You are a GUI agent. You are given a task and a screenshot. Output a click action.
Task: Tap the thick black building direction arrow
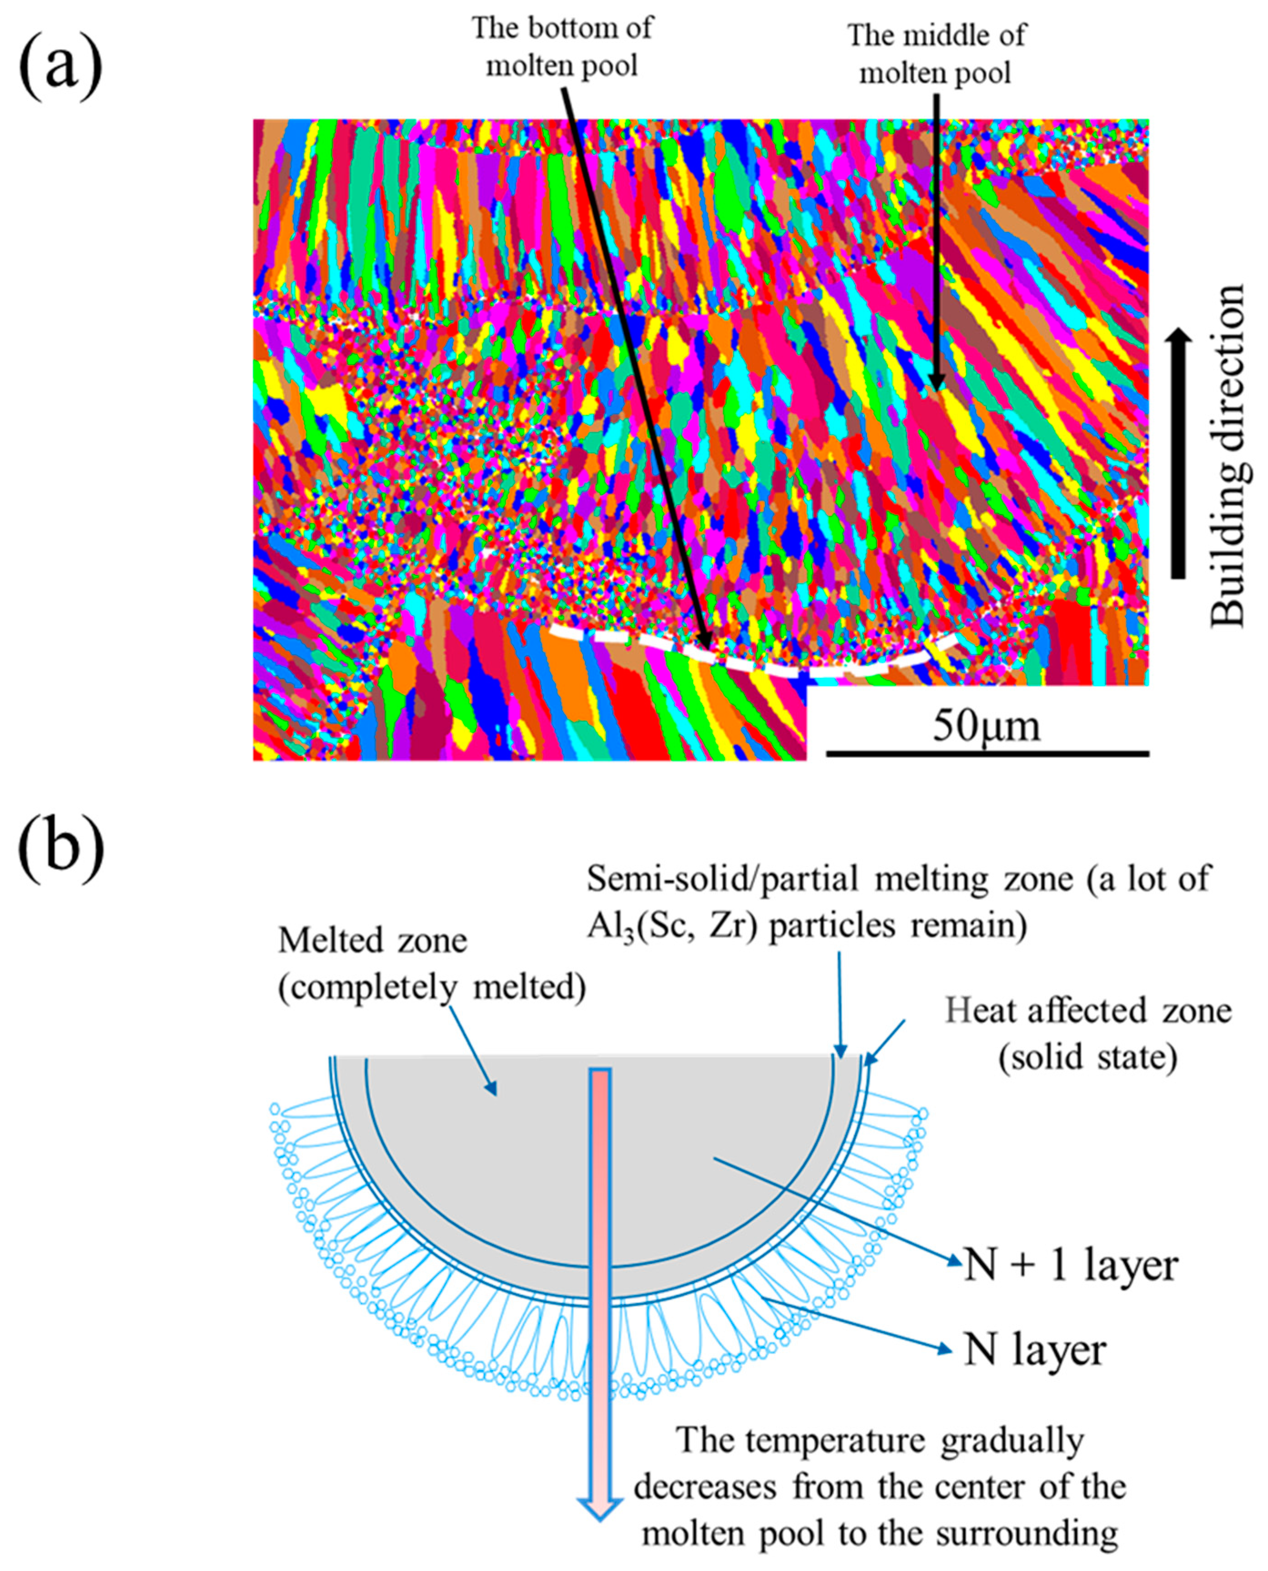(1177, 453)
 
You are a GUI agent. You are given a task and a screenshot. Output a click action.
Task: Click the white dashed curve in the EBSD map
(752, 659)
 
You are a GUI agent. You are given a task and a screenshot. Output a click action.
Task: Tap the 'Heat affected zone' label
(1088, 1011)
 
